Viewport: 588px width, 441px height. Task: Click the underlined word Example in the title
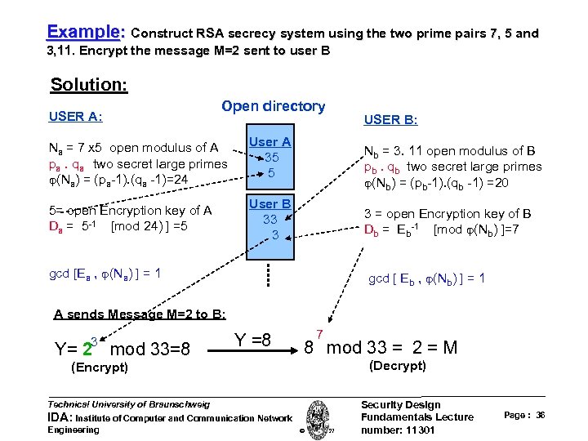click(82, 33)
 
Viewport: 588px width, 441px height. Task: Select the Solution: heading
click(89, 84)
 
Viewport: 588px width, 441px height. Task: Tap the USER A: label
click(75, 116)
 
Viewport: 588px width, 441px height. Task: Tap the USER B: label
click(390, 119)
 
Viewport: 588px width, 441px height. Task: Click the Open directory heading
click(273, 106)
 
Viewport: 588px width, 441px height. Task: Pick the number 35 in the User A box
click(270, 158)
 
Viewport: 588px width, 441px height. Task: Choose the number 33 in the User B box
click(269, 219)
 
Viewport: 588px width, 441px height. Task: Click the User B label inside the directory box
click(269, 204)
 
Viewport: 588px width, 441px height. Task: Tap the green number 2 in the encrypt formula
click(87, 350)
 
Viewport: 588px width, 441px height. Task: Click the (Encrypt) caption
click(100, 367)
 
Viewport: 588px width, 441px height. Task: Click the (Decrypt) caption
click(398, 365)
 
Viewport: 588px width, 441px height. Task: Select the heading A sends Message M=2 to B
click(140, 314)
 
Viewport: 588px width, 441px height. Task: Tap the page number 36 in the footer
click(541, 416)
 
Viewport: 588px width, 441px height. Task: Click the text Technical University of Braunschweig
click(129, 403)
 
